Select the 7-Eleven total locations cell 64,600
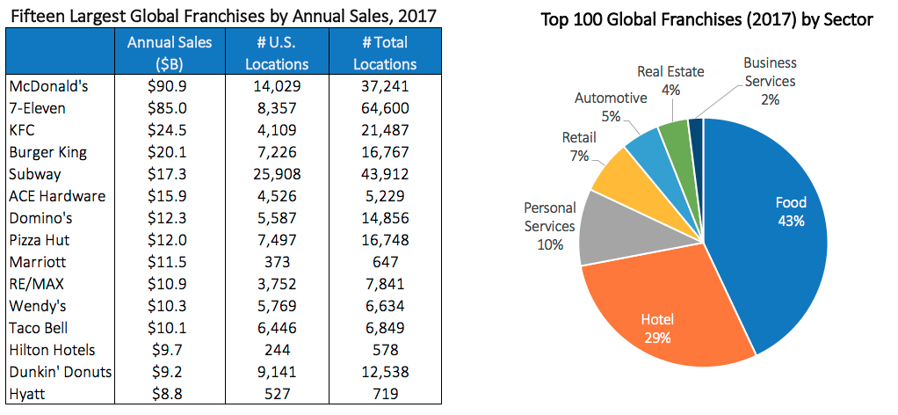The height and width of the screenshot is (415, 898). click(388, 108)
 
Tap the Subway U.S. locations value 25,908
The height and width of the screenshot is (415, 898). click(277, 174)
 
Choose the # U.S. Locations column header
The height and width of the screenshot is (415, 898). click(277, 53)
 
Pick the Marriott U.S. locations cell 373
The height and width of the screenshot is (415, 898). click(277, 262)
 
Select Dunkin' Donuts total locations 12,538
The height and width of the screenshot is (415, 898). click(388, 372)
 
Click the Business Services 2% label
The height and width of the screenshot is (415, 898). click(769, 81)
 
